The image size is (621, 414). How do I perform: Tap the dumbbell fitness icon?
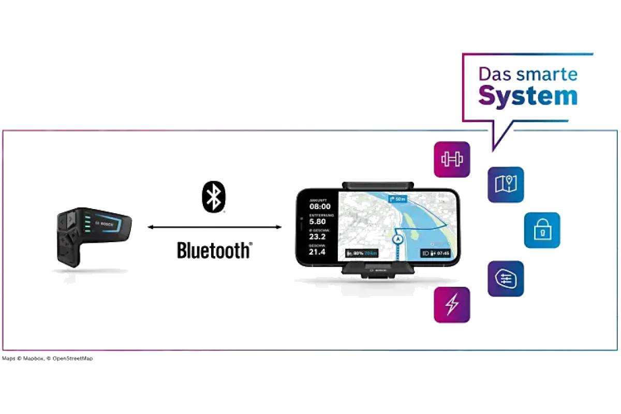pyautogui.click(x=452, y=159)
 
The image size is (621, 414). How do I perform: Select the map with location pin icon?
pyautogui.click(x=506, y=184)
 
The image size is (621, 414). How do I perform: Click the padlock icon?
pyautogui.click(x=542, y=230)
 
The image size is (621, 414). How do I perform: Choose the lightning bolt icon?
pyautogui.click(x=452, y=305)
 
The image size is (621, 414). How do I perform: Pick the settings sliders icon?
pyautogui.click(x=506, y=278)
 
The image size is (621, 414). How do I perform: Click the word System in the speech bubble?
pyautogui.click(x=528, y=96)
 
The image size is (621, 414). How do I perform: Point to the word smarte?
pyautogui.click(x=548, y=75)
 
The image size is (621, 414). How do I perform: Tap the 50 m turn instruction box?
pyautogui.click(x=397, y=198)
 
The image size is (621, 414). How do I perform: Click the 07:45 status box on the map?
pyautogui.click(x=435, y=254)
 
